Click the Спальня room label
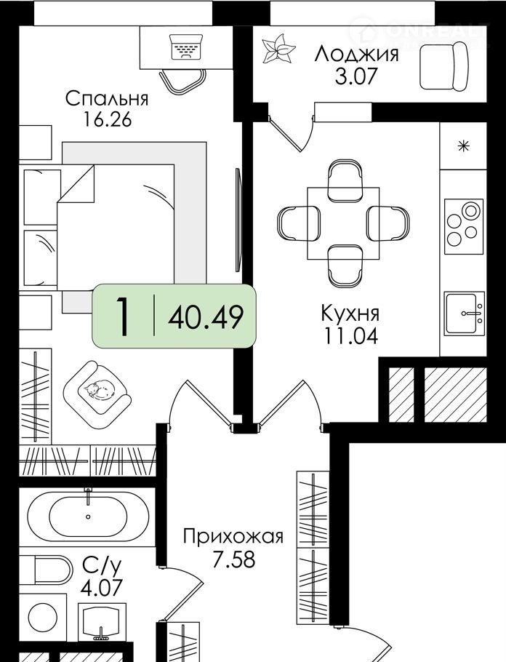click(x=107, y=98)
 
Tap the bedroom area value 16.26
click(x=107, y=120)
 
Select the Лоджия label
click(x=356, y=54)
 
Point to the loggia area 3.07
click(x=356, y=76)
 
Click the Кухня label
click(x=350, y=314)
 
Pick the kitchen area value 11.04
click(x=350, y=336)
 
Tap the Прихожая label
click(x=233, y=537)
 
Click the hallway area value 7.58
click(x=233, y=559)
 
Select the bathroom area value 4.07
click(x=102, y=587)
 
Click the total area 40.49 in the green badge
click(x=206, y=316)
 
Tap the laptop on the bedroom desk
click(x=187, y=47)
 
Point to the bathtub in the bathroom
click(x=88, y=517)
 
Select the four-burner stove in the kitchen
click(x=464, y=227)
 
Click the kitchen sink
click(x=465, y=313)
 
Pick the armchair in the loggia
click(x=444, y=68)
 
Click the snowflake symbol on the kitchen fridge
click(x=464, y=146)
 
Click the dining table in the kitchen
click(x=343, y=223)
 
